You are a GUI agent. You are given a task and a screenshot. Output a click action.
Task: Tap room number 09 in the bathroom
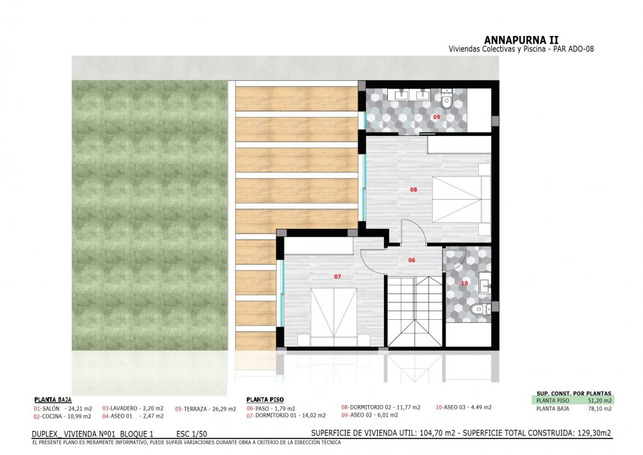(x=436, y=118)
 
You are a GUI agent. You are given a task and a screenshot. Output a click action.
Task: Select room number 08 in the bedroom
(x=413, y=190)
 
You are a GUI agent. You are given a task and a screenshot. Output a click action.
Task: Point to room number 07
(x=337, y=277)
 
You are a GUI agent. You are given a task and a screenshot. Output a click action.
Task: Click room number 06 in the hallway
(x=412, y=260)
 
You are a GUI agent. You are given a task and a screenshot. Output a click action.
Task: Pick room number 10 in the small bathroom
(x=464, y=283)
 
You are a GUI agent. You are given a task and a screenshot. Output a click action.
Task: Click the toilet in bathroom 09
(x=446, y=99)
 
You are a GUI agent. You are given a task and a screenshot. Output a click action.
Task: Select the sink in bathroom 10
(x=485, y=284)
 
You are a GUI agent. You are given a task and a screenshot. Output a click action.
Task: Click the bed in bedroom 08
(x=461, y=200)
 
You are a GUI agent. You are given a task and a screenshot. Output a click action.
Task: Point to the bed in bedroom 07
(x=334, y=317)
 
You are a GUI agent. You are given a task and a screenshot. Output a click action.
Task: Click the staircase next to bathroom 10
(x=415, y=311)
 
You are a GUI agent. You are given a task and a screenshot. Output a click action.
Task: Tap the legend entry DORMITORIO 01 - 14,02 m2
(x=286, y=416)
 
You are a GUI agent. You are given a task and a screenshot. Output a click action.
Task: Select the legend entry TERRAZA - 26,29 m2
(x=205, y=409)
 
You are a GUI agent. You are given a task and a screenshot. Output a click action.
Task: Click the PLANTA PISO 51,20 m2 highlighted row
(x=574, y=401)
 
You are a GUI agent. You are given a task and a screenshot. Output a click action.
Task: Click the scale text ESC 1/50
(x=191, y=434)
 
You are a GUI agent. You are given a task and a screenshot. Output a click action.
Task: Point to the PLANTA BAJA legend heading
(x=53, y=399)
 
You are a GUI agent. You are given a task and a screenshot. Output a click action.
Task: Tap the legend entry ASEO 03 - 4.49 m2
(x=464, y=408)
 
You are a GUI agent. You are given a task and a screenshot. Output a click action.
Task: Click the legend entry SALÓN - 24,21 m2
(x=63, y=409)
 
